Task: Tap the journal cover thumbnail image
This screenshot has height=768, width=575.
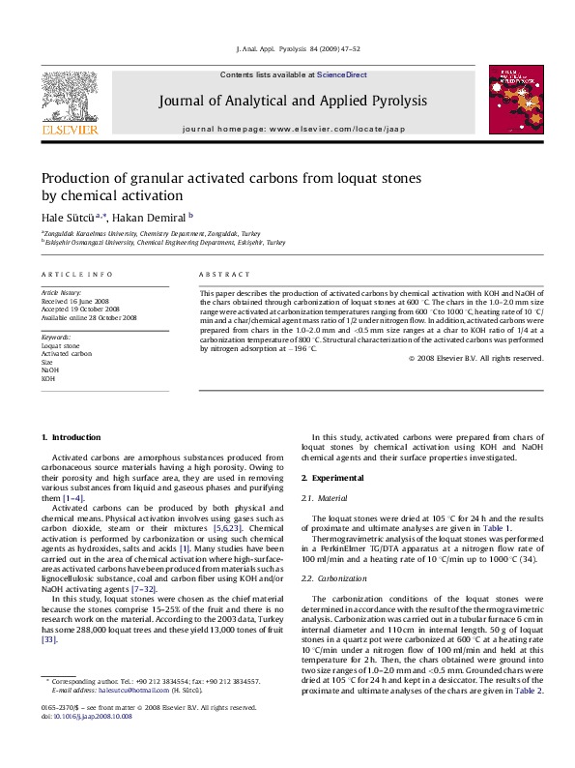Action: [508, 98]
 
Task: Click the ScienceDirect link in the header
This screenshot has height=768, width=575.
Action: [342, 74]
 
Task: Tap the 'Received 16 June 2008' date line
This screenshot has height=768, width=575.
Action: [74, 301]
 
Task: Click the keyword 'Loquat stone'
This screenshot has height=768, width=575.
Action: [61, 345]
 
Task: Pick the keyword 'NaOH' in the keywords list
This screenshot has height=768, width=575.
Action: [49, 369]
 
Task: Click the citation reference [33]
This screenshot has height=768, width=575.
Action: [48, 639]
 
